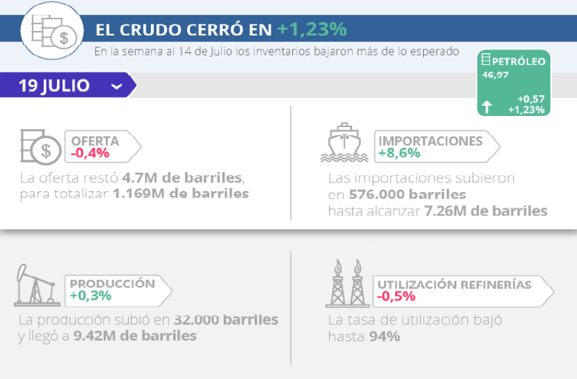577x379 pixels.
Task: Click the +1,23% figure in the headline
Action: [312, 30]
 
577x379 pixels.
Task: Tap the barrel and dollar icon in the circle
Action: [53, 32]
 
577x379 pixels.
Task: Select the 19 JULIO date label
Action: [54, 86]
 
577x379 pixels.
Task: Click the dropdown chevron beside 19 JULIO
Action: [116, 86]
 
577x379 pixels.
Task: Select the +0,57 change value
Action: [531, 99]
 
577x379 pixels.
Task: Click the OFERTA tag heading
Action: [95, 141]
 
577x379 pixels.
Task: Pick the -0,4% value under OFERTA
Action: [90, 154]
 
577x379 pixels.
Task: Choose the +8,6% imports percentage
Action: [399, 154]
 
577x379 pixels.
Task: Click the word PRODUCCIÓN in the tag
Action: [112, 284]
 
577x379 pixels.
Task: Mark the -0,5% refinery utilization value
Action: [396, 297]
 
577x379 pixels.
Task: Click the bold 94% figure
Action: [384, 337]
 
